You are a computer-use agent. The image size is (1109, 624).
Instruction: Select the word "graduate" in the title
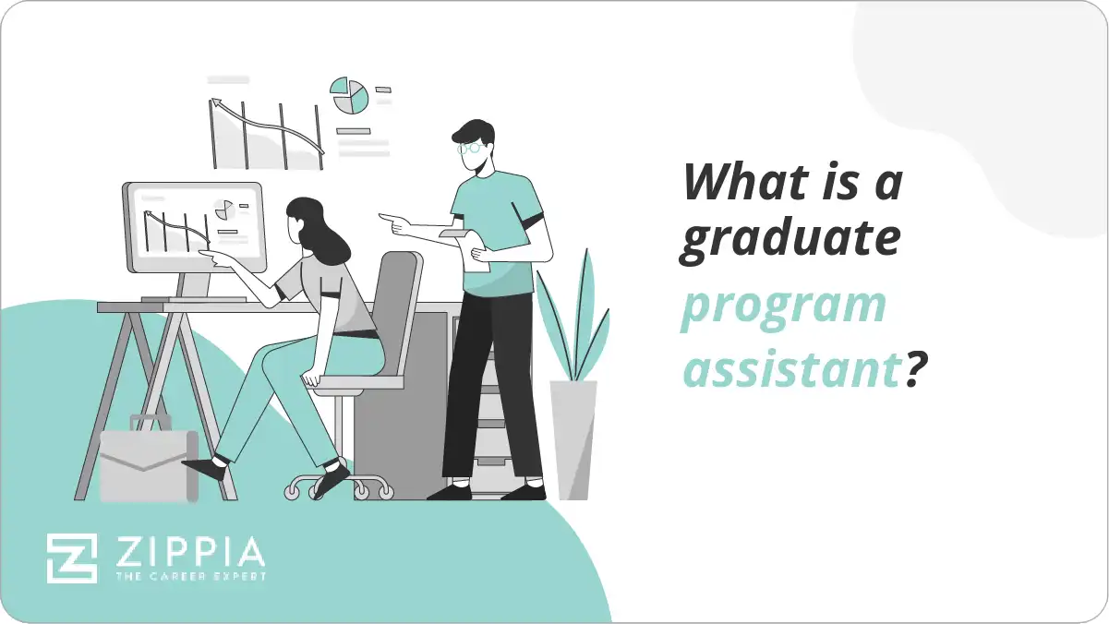790,239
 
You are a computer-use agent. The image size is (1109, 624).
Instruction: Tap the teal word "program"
784,307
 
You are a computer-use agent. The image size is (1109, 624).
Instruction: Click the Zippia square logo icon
72,558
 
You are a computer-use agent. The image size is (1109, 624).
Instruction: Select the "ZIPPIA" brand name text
188,552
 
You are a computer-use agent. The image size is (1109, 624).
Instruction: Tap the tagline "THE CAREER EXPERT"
188,577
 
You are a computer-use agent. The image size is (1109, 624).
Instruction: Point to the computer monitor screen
193,226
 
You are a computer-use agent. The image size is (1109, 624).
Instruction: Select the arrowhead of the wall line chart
216,103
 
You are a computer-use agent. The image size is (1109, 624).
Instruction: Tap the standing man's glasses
470,147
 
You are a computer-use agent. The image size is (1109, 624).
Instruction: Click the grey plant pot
573,439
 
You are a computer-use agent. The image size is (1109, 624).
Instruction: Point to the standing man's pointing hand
390,222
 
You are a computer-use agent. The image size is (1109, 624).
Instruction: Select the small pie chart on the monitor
223,210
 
